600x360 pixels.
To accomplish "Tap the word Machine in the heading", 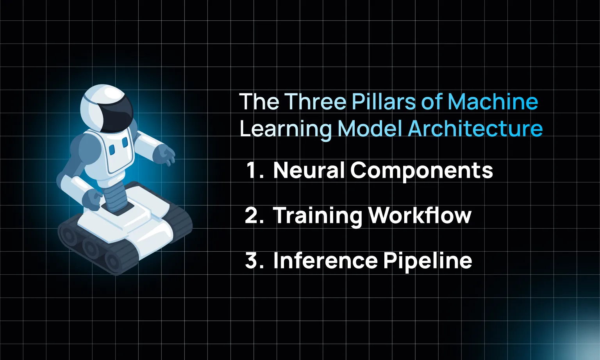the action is click(493, 102).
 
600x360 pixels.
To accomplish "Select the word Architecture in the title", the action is click(475, 129).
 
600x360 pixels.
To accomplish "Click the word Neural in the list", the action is click(309, 170).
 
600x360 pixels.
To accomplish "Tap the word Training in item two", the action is click(318, 216).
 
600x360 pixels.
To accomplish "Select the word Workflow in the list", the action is click(420, 215).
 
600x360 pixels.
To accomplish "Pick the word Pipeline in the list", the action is click(428, 261).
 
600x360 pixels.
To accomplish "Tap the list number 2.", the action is click(254, 215).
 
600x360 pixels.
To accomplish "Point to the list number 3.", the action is click(254, 260).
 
